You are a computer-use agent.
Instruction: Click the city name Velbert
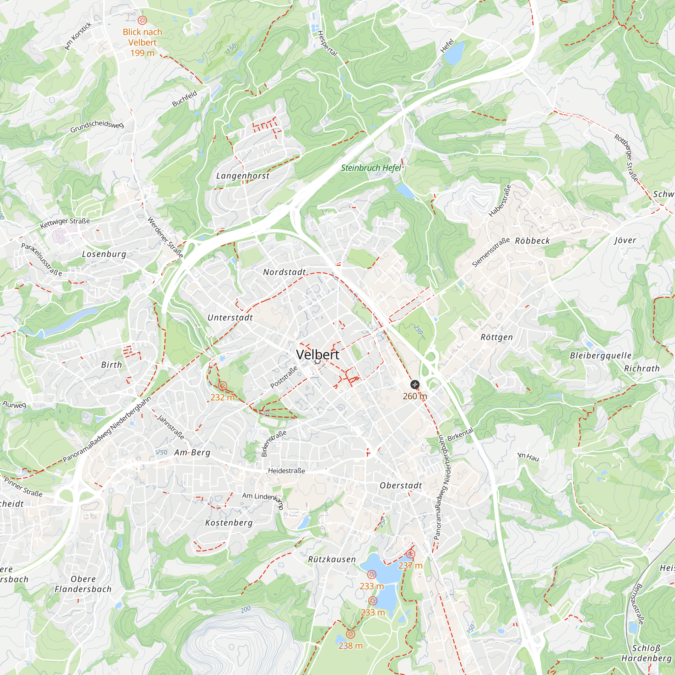[318, 355]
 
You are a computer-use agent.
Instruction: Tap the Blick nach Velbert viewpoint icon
[142, 20]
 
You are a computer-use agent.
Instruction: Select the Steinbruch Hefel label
[371, 168]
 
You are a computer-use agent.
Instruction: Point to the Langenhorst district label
[243, 176]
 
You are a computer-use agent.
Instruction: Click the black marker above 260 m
[415, 385]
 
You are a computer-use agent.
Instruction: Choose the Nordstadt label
[285, 272]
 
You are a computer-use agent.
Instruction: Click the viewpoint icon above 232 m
[222, 386]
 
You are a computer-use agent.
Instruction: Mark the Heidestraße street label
[287, 471]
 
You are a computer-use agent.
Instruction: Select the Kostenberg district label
[229, 523]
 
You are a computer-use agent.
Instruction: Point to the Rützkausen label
[332, 559]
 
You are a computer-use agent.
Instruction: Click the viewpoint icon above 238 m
[350, 634]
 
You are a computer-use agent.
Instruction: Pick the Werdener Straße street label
[165, 237]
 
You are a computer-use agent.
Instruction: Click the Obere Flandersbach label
[83, 584]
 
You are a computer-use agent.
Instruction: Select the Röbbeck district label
[533, 241]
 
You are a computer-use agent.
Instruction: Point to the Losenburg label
[104, 254]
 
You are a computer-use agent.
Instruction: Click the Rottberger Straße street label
[626, 158]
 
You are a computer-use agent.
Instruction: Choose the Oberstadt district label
[401, 486]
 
